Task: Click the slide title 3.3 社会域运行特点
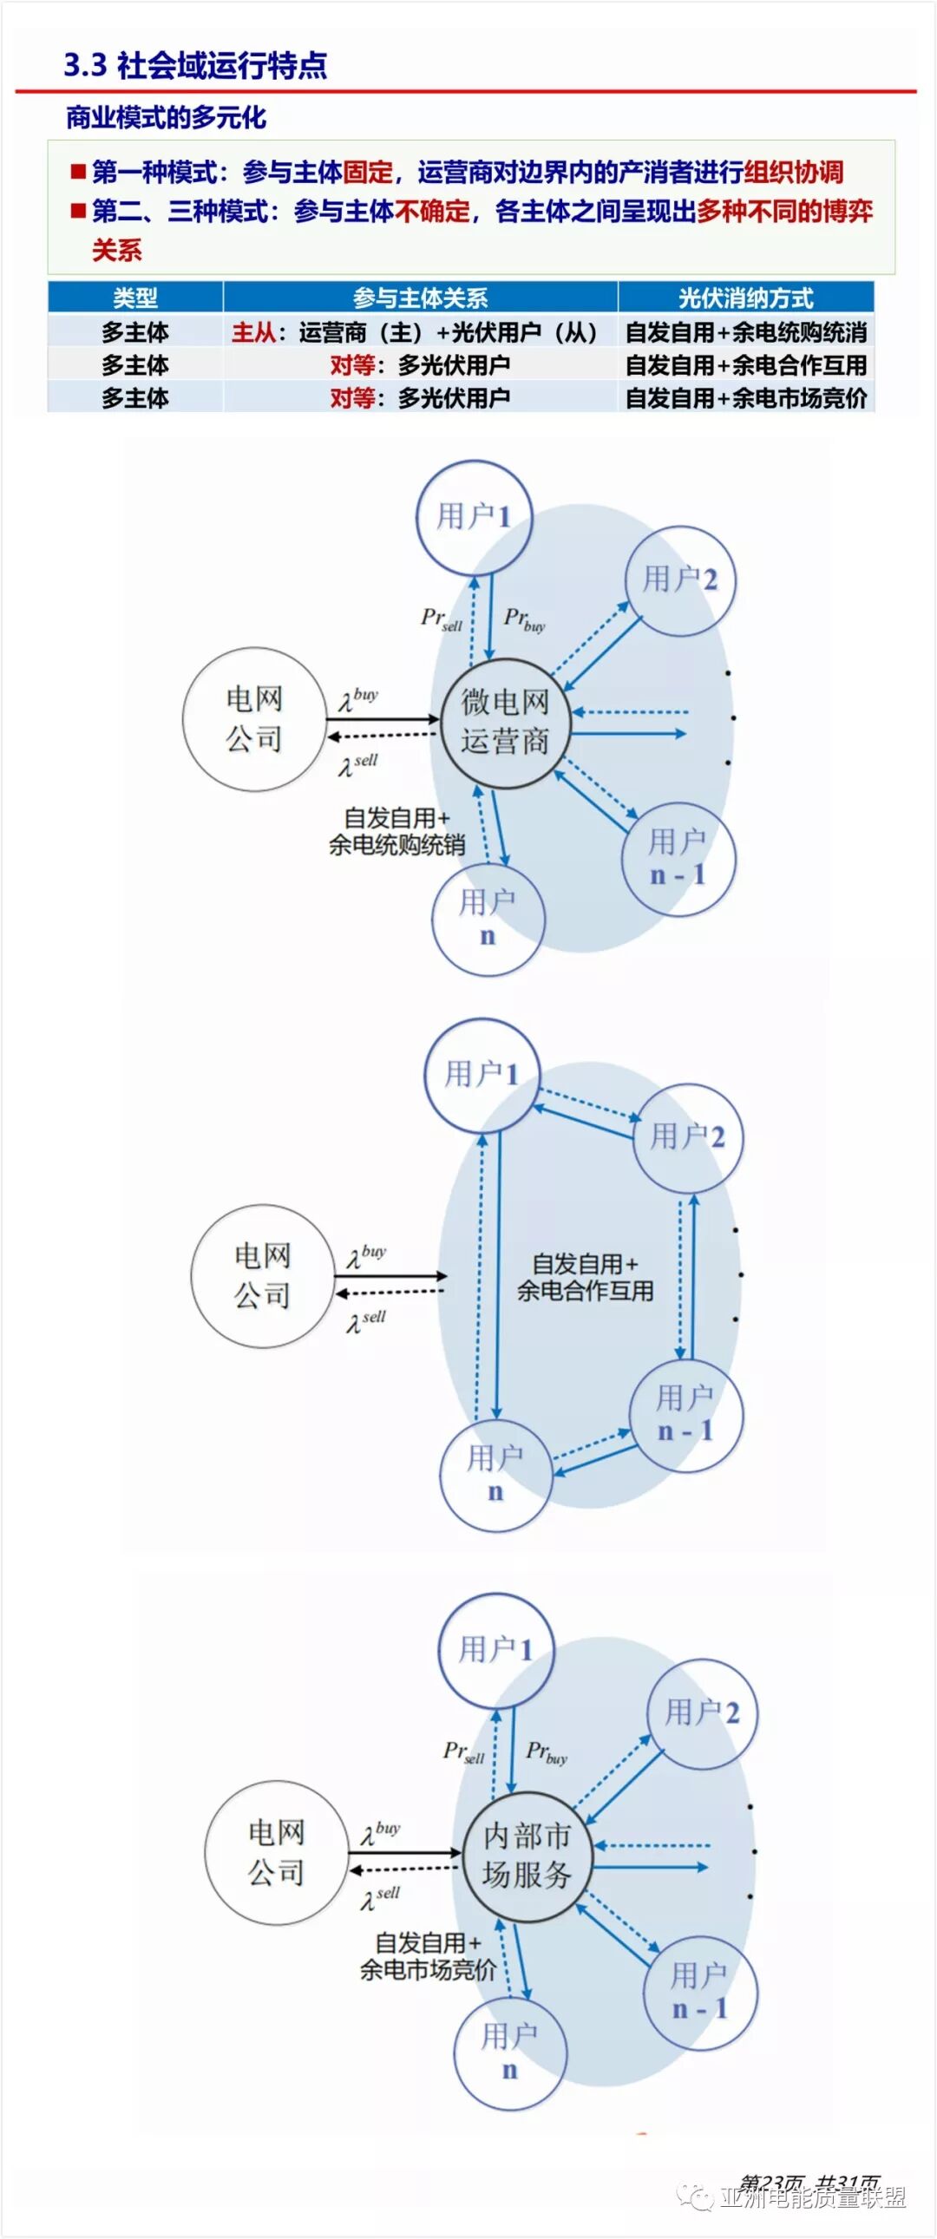(194, 65)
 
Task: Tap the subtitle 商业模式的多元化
(166, 117)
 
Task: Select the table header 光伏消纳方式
(745, 298)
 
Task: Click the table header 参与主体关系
(420, 298)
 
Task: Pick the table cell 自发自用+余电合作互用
(745, 365)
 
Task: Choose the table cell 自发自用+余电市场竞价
(745, 398)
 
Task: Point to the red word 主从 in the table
(253, 332)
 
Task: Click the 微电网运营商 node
(505, 723)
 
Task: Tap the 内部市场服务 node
(527, 1855)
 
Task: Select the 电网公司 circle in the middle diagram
(262, 1276)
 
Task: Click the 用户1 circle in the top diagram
(473, 517)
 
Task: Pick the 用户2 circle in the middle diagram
(686, 1137)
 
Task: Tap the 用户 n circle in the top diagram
(488, 919)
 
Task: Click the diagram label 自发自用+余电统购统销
(396, 831)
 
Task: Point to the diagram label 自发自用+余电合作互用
(585, 1277)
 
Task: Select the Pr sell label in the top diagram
(442, 619)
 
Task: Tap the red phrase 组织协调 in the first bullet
(793, 172)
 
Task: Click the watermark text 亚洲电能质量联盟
(812, 2197)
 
